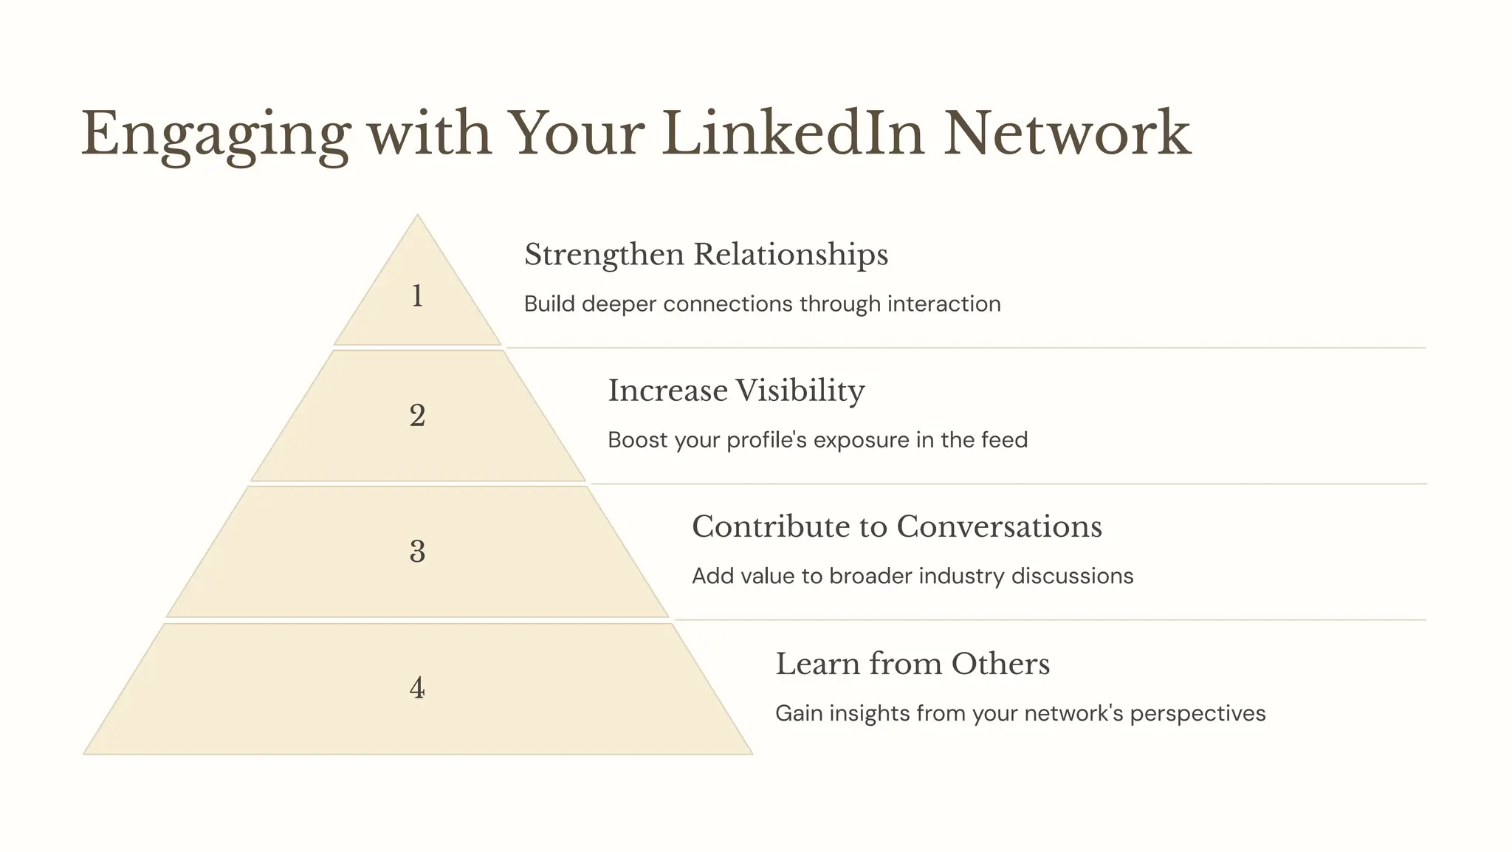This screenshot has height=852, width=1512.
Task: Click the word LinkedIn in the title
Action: coord(792,134)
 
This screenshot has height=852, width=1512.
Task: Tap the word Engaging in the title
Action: coord(215,135)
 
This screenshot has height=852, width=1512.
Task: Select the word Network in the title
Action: coord(1067,134)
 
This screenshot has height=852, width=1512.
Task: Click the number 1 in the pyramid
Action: coord(417,296)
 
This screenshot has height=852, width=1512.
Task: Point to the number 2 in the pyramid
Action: coord(417,416)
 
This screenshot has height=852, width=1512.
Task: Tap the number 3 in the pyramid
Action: coord(417,552)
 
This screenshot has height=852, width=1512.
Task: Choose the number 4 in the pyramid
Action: coord(417,688)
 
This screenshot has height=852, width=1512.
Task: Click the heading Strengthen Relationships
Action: coord(706,255)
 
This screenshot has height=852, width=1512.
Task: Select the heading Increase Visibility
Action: coord(736,391)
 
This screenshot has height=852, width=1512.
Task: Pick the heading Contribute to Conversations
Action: coord(896,527)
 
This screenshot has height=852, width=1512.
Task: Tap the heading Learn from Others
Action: coord(913,664)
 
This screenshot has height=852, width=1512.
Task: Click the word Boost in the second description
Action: coord(636,440)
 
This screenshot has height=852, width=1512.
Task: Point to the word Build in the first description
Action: coord(549,303)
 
